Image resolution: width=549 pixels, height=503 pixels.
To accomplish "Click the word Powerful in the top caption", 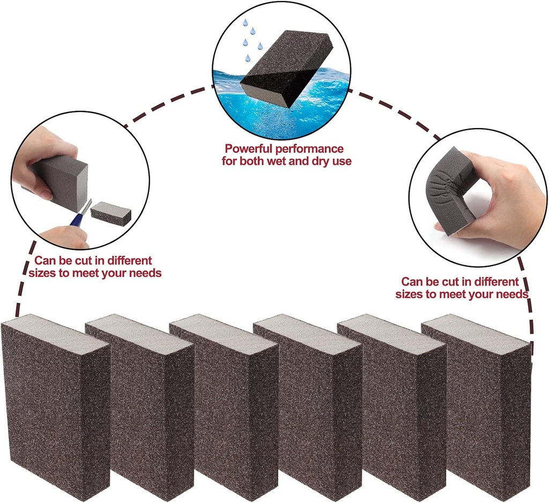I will coord(246,149).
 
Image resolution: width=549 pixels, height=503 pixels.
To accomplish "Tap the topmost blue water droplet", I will coord(246,23).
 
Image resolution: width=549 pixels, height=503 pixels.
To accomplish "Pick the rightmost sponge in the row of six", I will coord(477,408).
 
